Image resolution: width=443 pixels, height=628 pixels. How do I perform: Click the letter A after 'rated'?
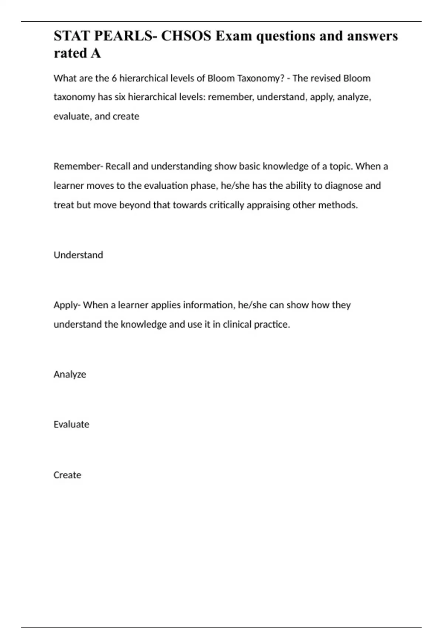tap(96, 53)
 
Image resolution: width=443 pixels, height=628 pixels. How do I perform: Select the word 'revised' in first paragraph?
tap(323, 78)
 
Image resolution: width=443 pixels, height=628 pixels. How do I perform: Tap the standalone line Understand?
tap(78, 255)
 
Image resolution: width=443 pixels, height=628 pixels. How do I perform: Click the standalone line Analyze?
tap(70, 374)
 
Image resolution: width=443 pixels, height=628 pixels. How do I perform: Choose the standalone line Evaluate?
tap(71, 424)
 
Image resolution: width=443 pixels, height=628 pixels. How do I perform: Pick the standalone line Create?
tap(67, 475)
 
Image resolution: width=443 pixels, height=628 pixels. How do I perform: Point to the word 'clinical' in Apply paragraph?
tap(237, 324)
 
